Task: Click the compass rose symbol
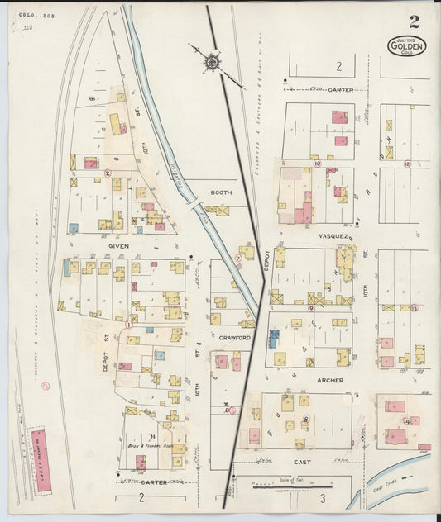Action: click(x=212, y=60)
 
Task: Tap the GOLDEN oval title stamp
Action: click(x=406, y=46)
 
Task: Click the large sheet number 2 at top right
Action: click(x=413, y=21)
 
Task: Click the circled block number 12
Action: click(x=406, y=164)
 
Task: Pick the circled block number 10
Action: click(x=318, y=164)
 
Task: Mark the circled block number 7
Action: click(x=237, y=259)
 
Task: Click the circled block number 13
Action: click(x=414, y=308)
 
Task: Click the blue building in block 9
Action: click(x=274, y=337)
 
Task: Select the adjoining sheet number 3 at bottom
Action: click(x=324, y=498)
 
